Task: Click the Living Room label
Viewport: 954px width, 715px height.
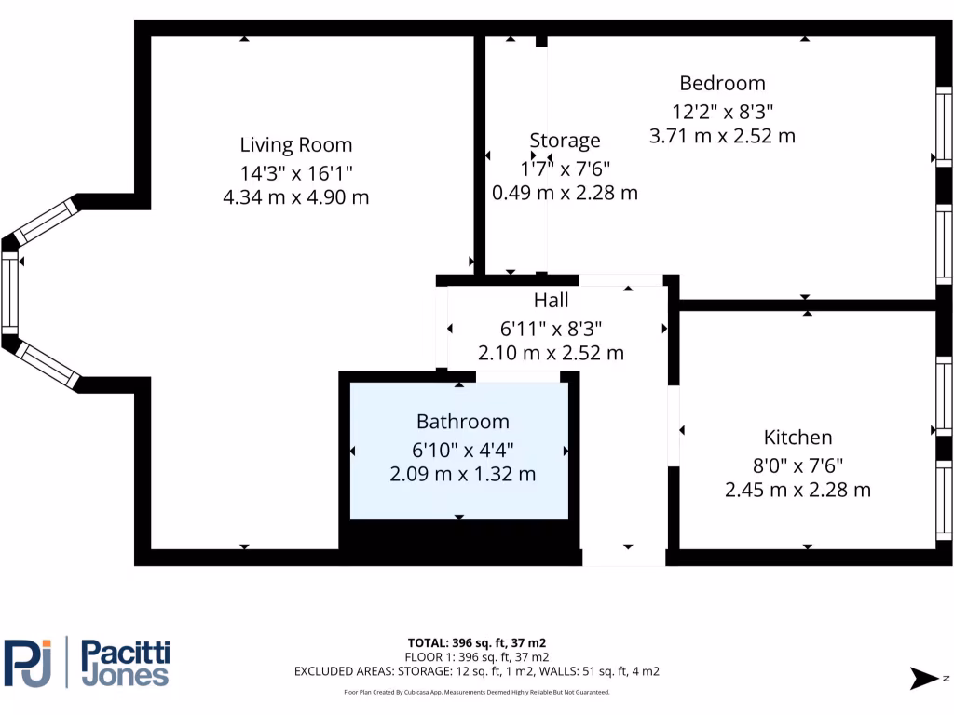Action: coord(296,145)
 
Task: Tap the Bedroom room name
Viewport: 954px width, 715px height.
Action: coord(722,84)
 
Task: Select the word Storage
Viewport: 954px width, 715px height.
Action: coord(565,141)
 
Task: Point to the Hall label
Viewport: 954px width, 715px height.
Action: coord(551,301)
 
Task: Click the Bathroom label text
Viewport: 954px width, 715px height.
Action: coord(462,422)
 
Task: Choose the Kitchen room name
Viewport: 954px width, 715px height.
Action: coord(797,438)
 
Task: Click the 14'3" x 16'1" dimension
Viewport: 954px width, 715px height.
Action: coord(296,172)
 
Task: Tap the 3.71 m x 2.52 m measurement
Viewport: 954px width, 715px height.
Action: coord(722,136)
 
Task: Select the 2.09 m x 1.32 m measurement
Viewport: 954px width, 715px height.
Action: coord(462,474)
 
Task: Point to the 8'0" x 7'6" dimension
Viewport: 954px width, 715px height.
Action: coord(797,464)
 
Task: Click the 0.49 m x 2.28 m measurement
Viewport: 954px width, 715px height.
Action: coord(565,194)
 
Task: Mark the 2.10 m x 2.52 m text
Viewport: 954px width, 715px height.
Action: coord(551,354)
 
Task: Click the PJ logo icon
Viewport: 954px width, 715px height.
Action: coord(28,663)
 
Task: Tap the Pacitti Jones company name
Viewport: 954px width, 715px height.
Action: coord(126,663)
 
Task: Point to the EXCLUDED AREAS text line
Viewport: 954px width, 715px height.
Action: coord(476,671)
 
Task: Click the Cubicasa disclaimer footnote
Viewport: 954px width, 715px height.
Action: coord(476,692)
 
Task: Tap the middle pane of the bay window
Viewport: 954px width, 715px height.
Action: coord(10,292)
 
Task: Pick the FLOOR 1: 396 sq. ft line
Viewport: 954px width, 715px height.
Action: coord(476,657)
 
